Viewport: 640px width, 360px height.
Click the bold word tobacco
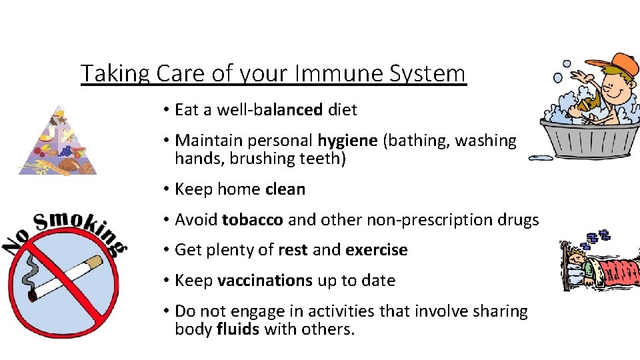253,219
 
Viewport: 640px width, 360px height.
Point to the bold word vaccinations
265,281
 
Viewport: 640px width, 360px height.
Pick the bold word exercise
377,250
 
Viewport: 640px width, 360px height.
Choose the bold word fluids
237,329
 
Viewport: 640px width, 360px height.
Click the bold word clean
285,189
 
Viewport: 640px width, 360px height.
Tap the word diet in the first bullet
342,109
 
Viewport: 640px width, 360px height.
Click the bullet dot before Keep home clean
163,190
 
